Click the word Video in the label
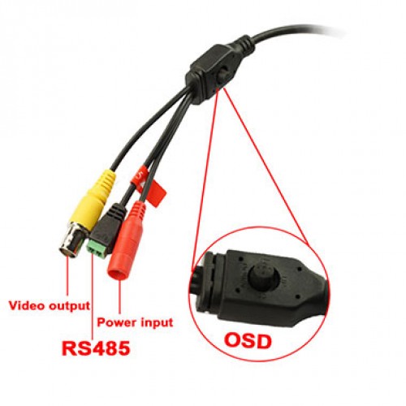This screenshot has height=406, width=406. [27, 305]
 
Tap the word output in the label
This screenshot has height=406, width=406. [69, 306]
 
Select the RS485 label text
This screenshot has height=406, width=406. [96, 348]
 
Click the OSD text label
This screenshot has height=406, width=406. [248, 340]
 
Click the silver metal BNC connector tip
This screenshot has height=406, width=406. [73, 240]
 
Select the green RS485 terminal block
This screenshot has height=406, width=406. [97, 249]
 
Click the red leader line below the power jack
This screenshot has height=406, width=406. [119, 296]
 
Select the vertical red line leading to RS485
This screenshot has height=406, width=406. [93, 297]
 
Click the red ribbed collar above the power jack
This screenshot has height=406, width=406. [138, 208]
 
